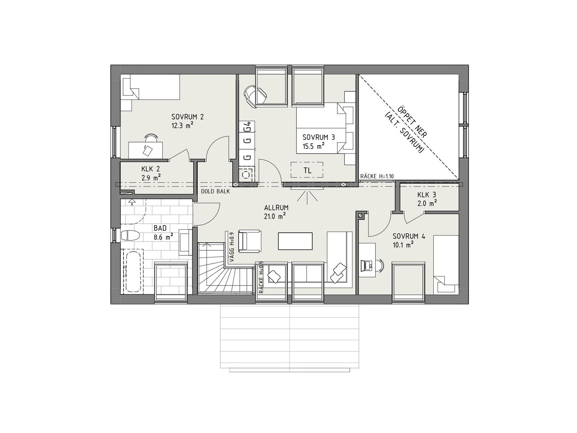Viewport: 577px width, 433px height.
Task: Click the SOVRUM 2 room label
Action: (x=188, y=117)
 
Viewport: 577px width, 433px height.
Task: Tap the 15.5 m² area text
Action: (x=314, y=146)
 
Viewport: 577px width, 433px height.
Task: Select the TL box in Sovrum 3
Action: (x=307, y=170)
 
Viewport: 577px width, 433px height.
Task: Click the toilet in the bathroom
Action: (x=130, y=235)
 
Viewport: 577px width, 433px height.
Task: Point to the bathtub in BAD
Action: (x=133, y=270)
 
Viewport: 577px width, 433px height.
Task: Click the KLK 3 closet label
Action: (x=427, y=195)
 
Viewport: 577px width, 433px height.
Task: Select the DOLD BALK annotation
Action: (x=215, y=191)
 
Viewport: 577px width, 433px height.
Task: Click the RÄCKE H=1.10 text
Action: (x=377, y=176)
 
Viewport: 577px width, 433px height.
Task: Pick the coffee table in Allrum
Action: (x=295, y=241)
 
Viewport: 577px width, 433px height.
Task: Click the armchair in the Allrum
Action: (x=250, y=241)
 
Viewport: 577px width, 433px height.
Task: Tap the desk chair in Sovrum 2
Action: (x=151, y=138)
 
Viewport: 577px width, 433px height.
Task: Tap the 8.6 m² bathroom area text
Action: (x=164, y=237)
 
